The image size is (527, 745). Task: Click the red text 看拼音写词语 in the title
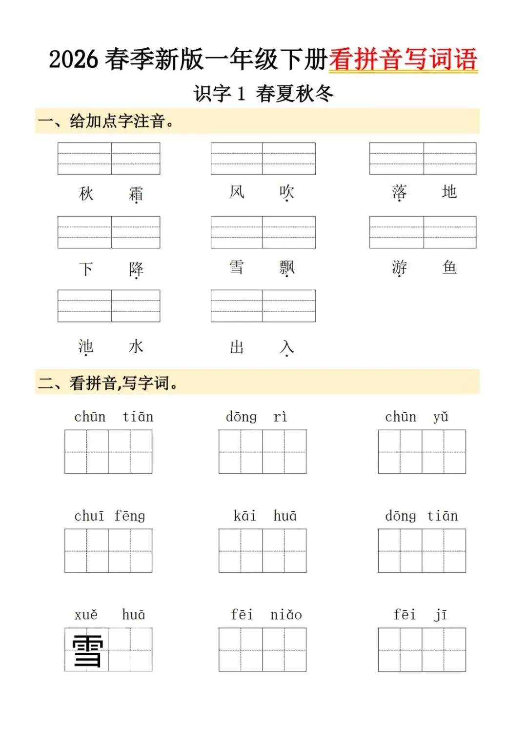click(403, 60)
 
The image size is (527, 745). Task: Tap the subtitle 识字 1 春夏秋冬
click(263, 93)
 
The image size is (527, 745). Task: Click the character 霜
click(136, 194)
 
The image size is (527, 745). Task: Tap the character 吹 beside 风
click(287, 192)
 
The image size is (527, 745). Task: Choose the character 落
click(399, 192)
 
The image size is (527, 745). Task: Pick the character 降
click(136, 269)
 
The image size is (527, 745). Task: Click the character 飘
click(287, 267)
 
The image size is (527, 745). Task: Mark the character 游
click(399, 267)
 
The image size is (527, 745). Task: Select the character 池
click(86, 346)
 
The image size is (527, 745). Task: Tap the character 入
click(287, 347)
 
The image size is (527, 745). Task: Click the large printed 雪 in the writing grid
click(88, 650)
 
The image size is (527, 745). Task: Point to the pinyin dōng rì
click(256, 417)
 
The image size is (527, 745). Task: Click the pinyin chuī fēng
click(109, 516)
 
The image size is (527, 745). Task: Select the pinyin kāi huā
click(265, 516)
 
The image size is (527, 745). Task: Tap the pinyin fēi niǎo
click(266, 615)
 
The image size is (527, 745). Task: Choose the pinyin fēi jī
click(420, 615)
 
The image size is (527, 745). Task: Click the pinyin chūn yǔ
click(416, 417)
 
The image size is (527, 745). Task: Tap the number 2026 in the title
click(73, 60)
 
